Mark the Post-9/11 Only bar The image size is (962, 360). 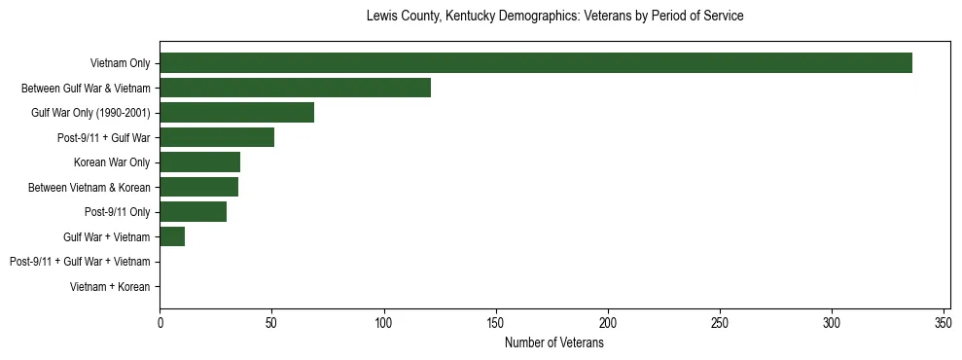pos(193,212)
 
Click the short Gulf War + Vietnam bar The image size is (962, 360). pos(172,236)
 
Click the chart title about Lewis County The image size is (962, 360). pos(554,17)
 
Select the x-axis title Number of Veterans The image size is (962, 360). pos(554,343)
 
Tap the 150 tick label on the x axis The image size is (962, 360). pos(496,322)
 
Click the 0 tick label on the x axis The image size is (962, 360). pos(160,322)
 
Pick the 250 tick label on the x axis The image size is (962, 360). pos(720,322)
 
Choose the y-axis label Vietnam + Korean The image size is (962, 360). pos(110,287)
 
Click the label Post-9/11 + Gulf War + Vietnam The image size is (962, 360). pos(80,262)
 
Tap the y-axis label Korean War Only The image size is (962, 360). pos(112,162)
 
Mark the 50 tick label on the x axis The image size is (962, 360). pos(272,322)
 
